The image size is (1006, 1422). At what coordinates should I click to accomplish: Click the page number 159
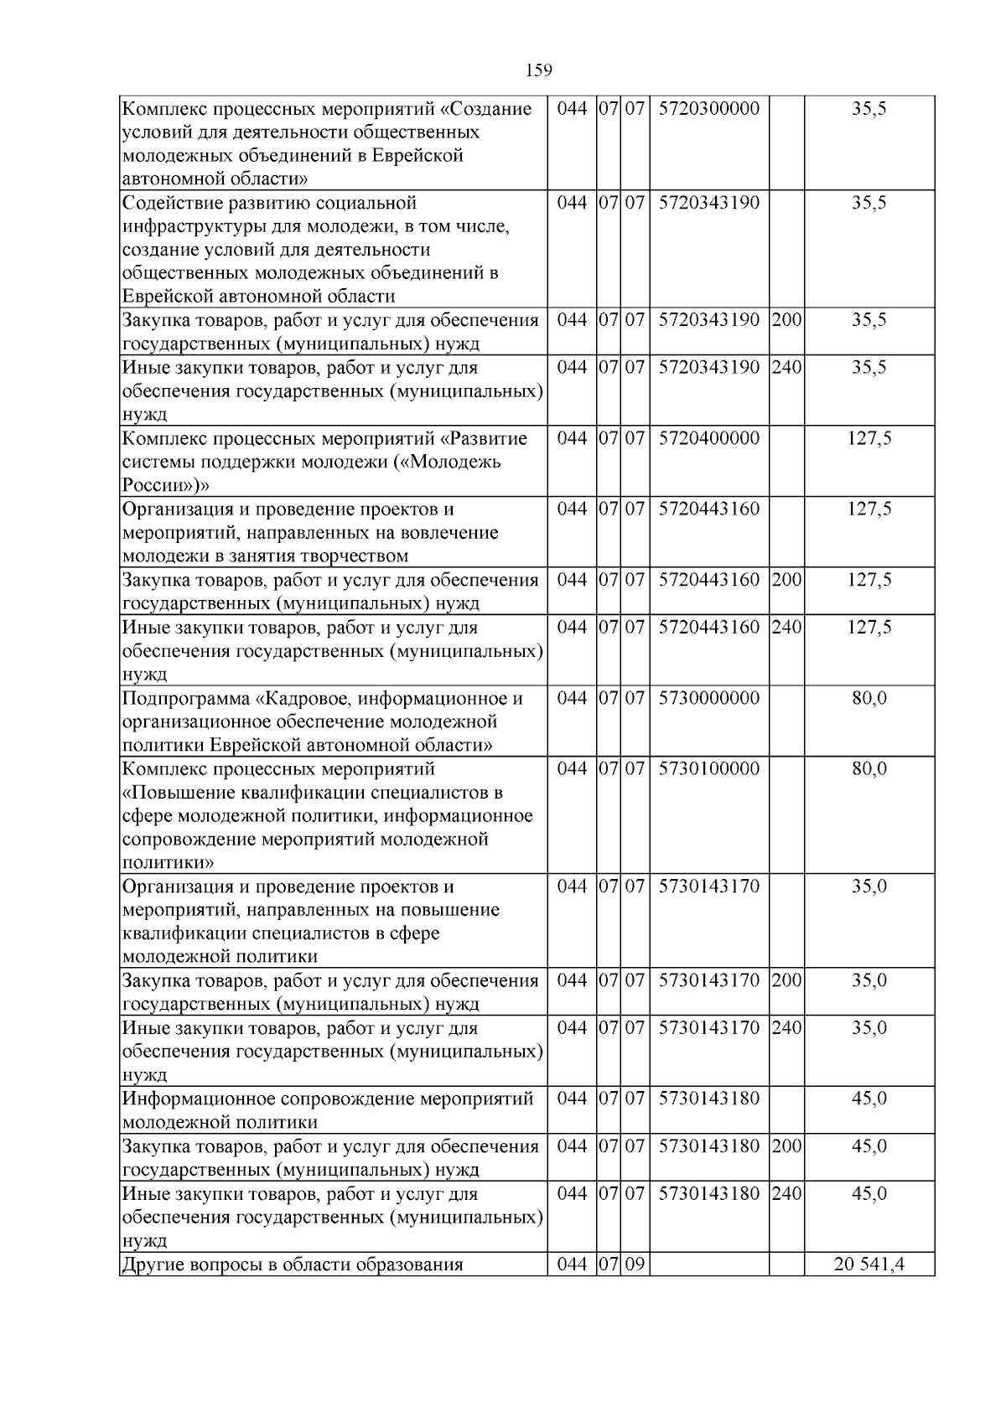click(x=539, y=70)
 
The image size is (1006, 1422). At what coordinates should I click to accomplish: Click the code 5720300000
click(x=708, y=109)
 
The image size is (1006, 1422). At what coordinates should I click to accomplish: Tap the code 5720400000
click(x=708, y=438)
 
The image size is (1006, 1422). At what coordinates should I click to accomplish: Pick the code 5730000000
click(x=708, y=698)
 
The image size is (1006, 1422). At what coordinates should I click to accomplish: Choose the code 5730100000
click(x=708, y=768)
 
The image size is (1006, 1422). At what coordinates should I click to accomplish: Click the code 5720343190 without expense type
click(x=708, y=203)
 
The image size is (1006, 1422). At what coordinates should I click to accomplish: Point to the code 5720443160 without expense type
click(x=708, y=509)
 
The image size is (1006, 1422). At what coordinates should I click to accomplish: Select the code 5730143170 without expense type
click(x=708, y=886)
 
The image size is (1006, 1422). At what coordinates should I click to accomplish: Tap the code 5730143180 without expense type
click(x=708, y=1099)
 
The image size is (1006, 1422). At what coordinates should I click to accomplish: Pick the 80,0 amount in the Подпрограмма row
click(x=869, y=698)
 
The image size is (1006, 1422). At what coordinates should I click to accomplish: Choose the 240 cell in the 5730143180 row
click(x=786, y=1193)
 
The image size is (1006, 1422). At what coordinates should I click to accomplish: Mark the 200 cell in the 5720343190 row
click(x=786, y=320)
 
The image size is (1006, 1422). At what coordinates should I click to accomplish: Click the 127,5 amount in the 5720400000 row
click(x=869, y=438)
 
